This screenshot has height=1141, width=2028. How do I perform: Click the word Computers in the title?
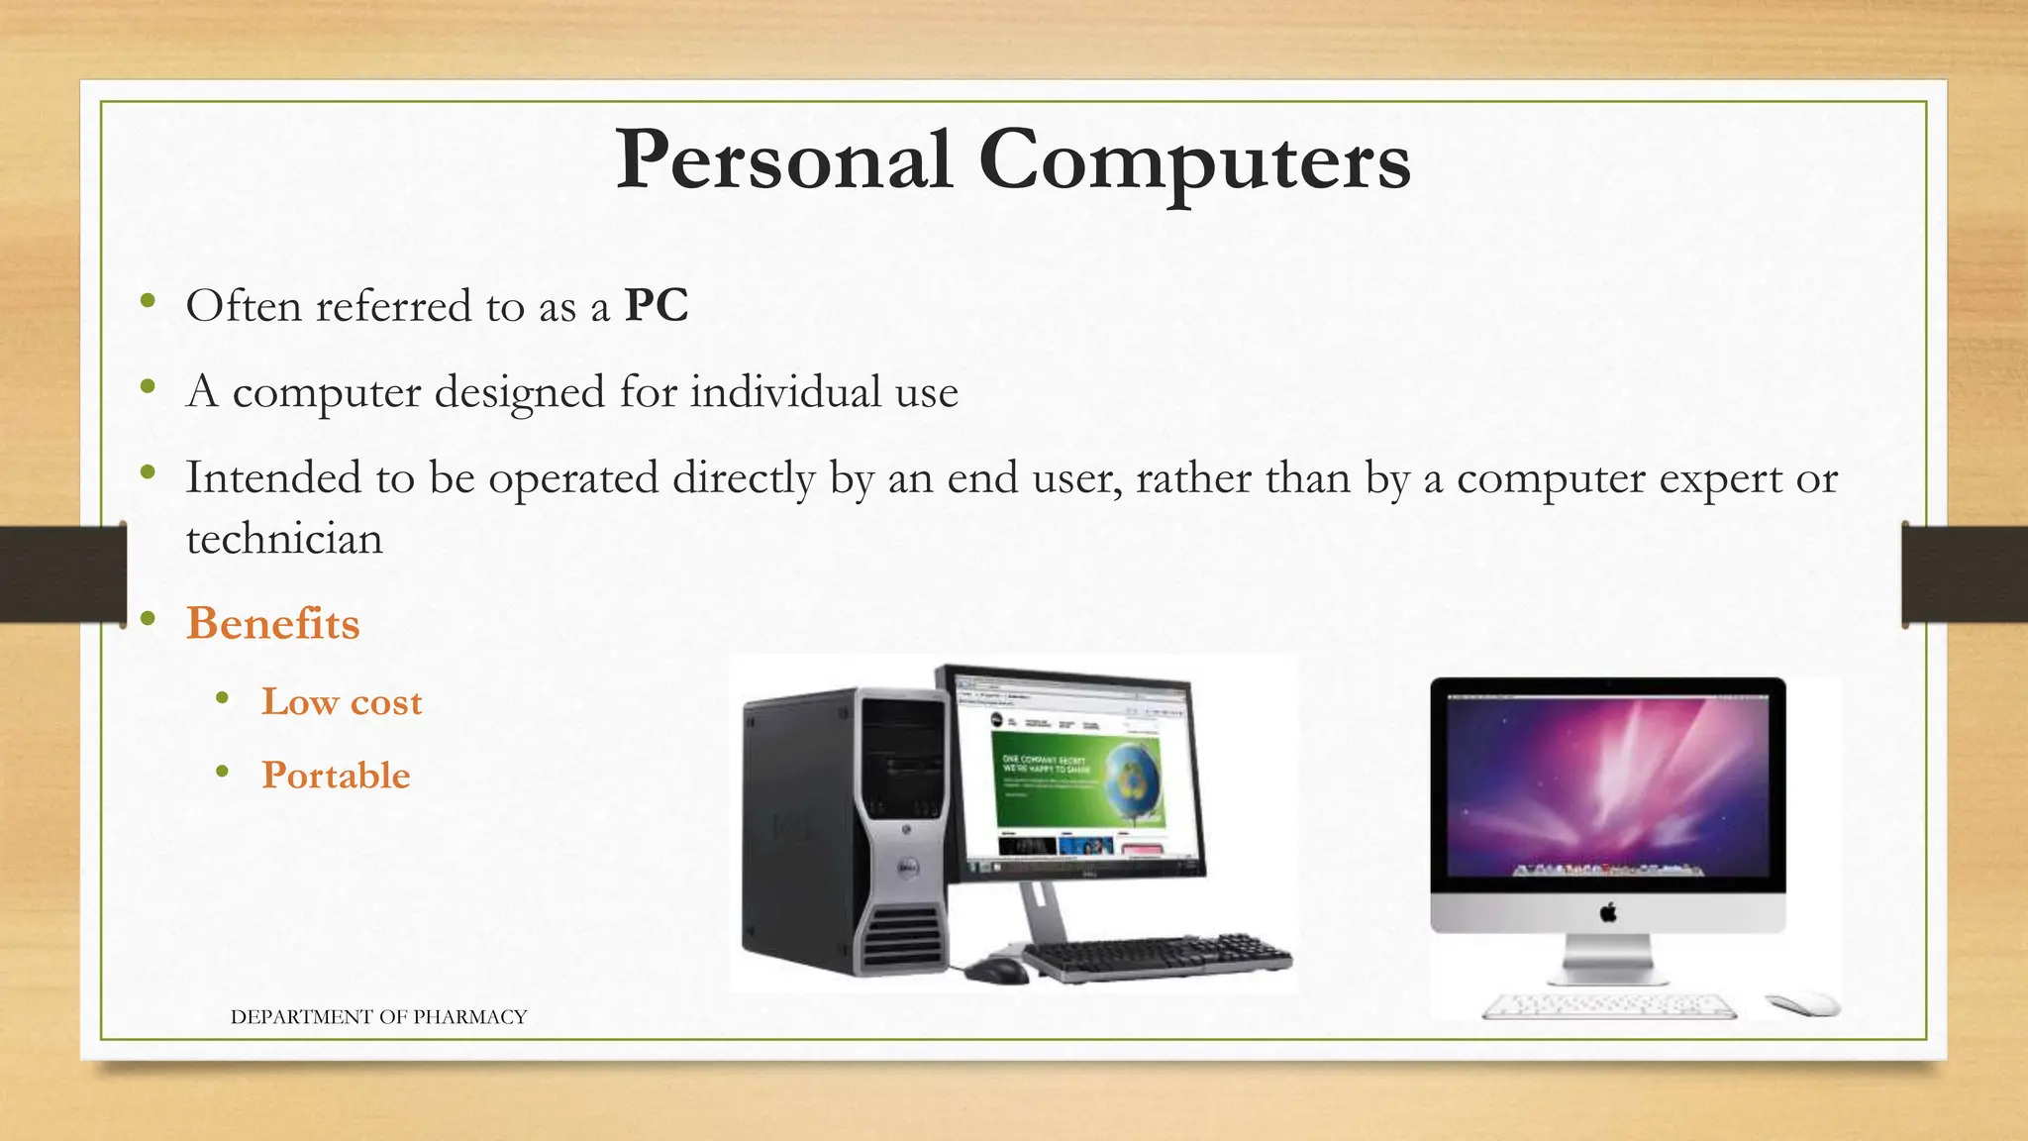1194,160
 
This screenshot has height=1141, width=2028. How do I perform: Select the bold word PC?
656,305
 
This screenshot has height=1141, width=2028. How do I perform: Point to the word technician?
284,539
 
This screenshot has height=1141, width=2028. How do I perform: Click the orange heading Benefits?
273,624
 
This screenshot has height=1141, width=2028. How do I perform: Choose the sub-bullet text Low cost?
342,701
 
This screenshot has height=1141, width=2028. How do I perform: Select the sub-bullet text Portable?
336,775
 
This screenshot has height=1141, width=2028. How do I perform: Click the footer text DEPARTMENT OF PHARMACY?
378,1016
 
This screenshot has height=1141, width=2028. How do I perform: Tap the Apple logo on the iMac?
1608,912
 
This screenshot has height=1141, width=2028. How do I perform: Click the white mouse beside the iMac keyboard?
1802,1003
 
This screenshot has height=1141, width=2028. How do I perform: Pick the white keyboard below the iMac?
1609,1006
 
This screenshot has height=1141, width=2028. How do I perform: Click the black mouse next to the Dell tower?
996,969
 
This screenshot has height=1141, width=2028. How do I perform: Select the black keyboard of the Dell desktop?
1159,957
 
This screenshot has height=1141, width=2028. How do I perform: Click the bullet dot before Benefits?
149,620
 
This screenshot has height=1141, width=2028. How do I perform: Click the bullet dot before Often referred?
149,301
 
